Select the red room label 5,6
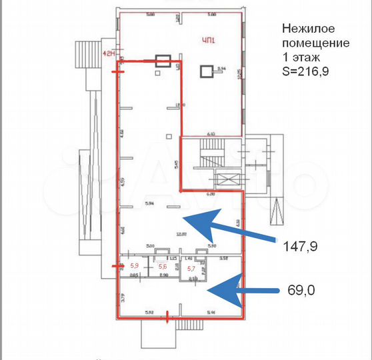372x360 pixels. point(161,267)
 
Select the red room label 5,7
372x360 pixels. point(191,269)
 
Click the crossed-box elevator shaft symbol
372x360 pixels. point(228,181)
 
